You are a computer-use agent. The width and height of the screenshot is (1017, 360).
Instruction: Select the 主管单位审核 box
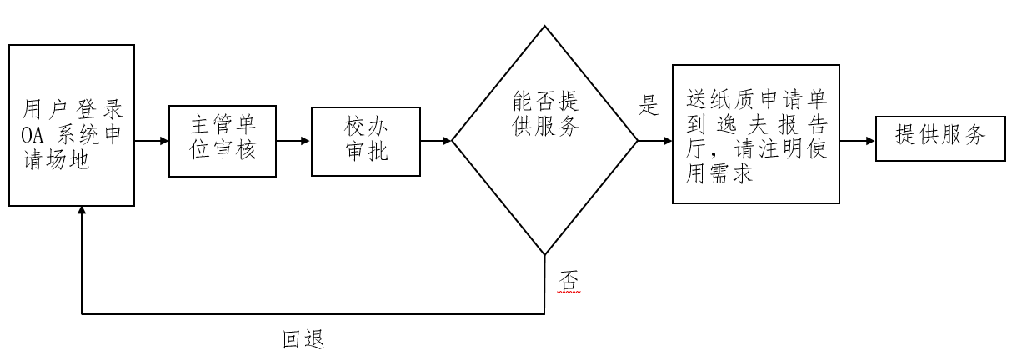point(223,141)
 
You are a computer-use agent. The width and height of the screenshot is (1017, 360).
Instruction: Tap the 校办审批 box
point(366,141)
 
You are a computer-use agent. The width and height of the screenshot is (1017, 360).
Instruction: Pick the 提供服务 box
point(939,136)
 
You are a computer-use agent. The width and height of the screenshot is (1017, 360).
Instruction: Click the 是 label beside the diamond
point(648,106)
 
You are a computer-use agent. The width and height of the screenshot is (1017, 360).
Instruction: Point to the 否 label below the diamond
point(567,280)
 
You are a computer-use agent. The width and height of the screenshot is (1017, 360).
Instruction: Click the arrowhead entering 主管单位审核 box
point(163,141)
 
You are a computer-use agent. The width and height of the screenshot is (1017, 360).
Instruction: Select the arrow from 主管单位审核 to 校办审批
point(293,141)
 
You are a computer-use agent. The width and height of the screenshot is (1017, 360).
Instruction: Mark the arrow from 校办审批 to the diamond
point(436,141)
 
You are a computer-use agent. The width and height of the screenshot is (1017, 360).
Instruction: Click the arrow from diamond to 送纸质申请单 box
point(654,141)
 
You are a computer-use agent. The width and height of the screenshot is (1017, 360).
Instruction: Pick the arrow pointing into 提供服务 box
point(858,141)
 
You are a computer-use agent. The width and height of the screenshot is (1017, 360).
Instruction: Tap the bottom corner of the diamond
point(545,253)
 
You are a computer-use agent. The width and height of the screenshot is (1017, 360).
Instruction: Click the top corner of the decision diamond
point(545,27)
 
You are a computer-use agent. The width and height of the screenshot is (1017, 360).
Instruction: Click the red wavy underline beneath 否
point(567,292)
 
